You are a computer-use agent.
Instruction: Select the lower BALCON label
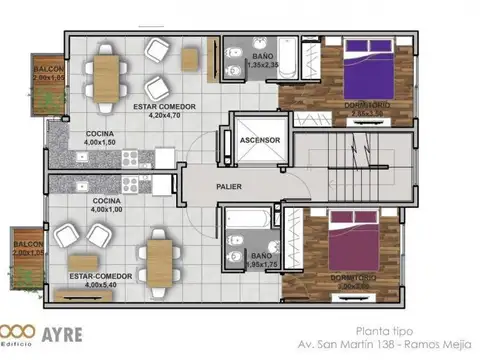[x=28, y=249]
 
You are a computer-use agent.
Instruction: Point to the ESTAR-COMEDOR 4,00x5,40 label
[x=97, y=278]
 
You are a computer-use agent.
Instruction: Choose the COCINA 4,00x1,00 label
[x=107, y=205]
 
